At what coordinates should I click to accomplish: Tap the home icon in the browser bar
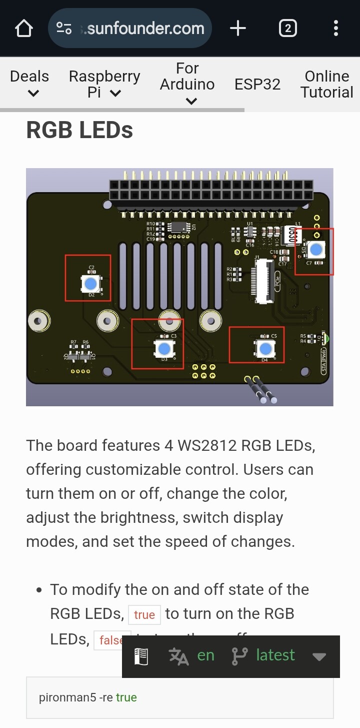pyautogui.click(x=24, y=29)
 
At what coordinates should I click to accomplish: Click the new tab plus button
pyautogui.click(x=238, y=29)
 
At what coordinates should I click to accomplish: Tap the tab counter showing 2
pyautogui.click(x=287, y=29)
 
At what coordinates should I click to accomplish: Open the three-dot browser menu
pyautogui.click(x=336, y=29)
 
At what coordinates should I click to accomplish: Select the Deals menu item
pyautogui.click(x=29, y=83)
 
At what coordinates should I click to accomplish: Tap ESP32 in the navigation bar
pyautogui.click(x=257, y=84)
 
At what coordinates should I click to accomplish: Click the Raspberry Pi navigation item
pyautogui.click(x=104, y=84)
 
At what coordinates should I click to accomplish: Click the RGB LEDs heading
pyautogui.click(x=79, y=130)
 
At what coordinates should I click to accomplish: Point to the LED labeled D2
pyautogui.click(x=90, y=284)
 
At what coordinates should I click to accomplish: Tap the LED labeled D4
pyautogui.click(x=265, y=348)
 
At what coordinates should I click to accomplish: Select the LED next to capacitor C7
pyautogui.click(x=316, y=249)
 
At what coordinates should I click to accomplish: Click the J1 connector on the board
pyautogui.click(x=263, y=280)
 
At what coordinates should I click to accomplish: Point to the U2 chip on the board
pyautogui.click(x=177, y=227)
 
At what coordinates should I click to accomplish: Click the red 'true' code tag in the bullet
pyautogui.click(x=144, y=614)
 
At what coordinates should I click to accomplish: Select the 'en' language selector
pyautogui.click(x=205, y=655)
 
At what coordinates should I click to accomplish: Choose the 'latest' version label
pyautogui.click(x=275, y=655)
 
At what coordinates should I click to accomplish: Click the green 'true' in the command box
pyautogui.click(x=126, y=697)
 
